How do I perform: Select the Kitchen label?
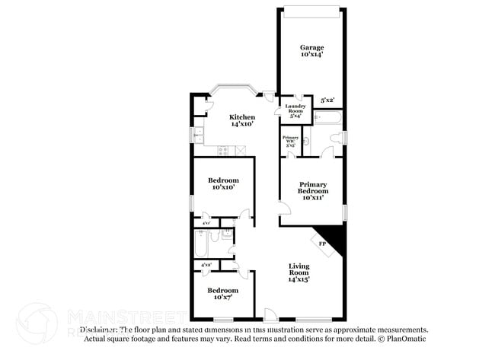[x=242, y=116]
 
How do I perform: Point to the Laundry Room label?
[x=295, y=108]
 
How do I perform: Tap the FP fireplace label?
[x=322, y=244]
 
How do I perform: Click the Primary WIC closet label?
[x=289, y=139]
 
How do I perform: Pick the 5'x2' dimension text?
[x=327, y=100]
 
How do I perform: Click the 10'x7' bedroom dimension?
[x=223, y=298]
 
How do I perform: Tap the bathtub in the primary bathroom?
[x=327, y=119]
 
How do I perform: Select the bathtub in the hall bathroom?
[x=202, y=243]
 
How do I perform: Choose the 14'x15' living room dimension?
[x=299, y=279]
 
